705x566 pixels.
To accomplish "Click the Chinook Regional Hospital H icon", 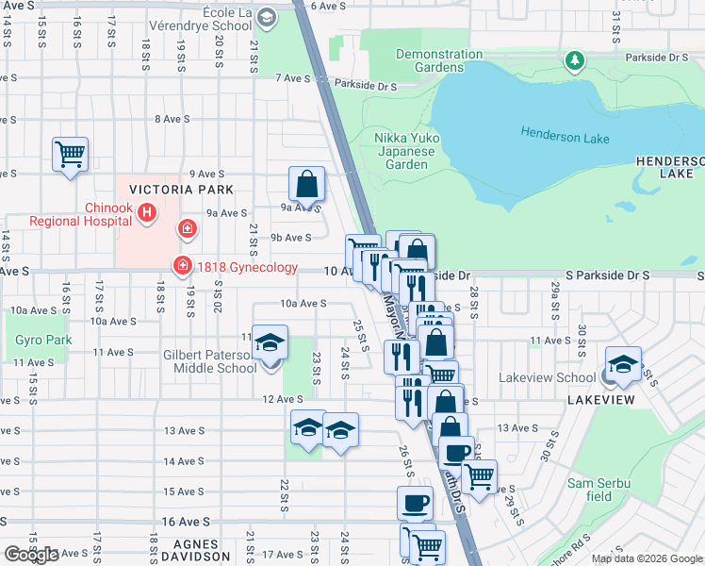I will point(147,214).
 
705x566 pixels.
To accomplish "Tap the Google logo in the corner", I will point(30,555).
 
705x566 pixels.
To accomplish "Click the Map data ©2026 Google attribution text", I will point(647,558).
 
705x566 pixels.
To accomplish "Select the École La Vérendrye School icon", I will point(267,17).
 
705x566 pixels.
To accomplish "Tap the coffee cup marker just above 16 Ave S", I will point(414,503).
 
